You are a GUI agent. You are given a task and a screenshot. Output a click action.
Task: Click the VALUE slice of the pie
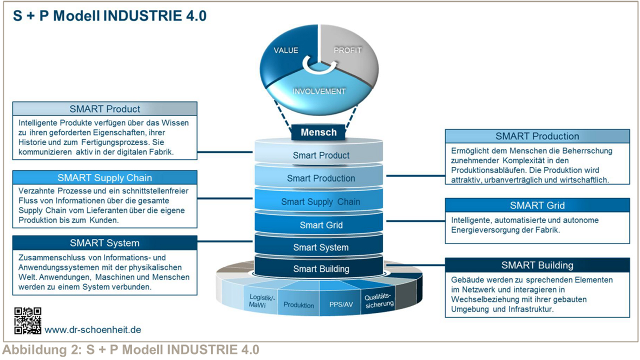286,50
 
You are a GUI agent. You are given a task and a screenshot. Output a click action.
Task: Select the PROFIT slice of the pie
347,50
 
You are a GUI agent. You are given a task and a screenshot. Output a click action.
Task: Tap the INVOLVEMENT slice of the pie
319,91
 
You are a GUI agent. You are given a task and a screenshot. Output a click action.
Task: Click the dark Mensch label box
318,132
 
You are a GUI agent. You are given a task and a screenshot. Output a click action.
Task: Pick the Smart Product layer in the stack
321,155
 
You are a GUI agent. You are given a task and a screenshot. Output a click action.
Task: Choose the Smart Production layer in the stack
321,178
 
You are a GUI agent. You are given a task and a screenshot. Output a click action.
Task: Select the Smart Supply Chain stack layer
320,201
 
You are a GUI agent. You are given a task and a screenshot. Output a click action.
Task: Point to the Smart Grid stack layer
321,225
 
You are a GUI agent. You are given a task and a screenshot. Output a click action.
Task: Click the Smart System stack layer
320,247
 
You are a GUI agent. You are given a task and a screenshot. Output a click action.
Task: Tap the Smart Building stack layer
321,268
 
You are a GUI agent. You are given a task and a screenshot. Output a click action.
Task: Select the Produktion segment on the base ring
299,304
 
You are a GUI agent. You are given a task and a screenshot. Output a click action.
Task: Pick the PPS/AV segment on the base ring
340,304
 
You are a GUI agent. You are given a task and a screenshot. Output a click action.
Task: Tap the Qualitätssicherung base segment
379,300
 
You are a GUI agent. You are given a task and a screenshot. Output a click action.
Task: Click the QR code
27,321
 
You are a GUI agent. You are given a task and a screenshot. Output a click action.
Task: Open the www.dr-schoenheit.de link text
93,329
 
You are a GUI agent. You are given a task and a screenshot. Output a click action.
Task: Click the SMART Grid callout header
537,205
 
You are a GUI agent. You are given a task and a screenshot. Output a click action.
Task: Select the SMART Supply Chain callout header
104,177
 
